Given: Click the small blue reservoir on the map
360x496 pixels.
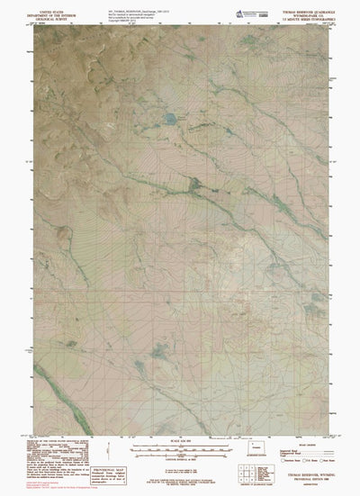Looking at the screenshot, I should pos(169,118).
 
